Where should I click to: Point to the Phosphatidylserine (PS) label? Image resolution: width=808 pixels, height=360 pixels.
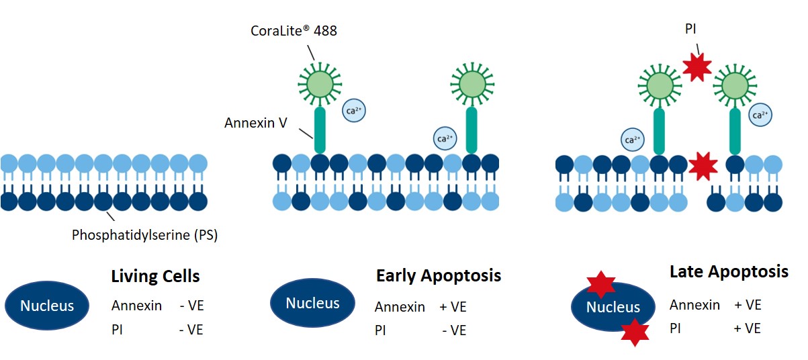(x=144, y=236)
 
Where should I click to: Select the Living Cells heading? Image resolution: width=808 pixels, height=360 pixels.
(x=155, y=276)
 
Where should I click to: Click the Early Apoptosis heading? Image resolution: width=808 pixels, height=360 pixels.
(x=438, y=275)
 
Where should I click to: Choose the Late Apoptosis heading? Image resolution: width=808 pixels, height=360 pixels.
(x=729, y=272)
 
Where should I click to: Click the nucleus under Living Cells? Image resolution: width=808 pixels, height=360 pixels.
(x=47, y=306)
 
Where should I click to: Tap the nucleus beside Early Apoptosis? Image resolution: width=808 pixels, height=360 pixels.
(x=312, y=303)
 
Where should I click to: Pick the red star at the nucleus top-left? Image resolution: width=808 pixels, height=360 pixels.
(x=601, y=285)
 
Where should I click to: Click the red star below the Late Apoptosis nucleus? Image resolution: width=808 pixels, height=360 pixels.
(x=635, y=332)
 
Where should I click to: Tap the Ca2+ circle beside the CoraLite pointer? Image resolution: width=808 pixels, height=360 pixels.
(x=354, y=110)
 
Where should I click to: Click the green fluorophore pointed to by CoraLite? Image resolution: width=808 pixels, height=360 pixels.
(x=320, y=83)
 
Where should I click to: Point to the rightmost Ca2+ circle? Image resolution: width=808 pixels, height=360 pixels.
(x=760, y=115)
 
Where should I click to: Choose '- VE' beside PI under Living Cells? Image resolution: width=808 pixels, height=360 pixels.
(x=191, y=329)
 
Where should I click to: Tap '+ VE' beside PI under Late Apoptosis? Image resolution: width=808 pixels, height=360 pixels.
(x=748, y=328)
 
